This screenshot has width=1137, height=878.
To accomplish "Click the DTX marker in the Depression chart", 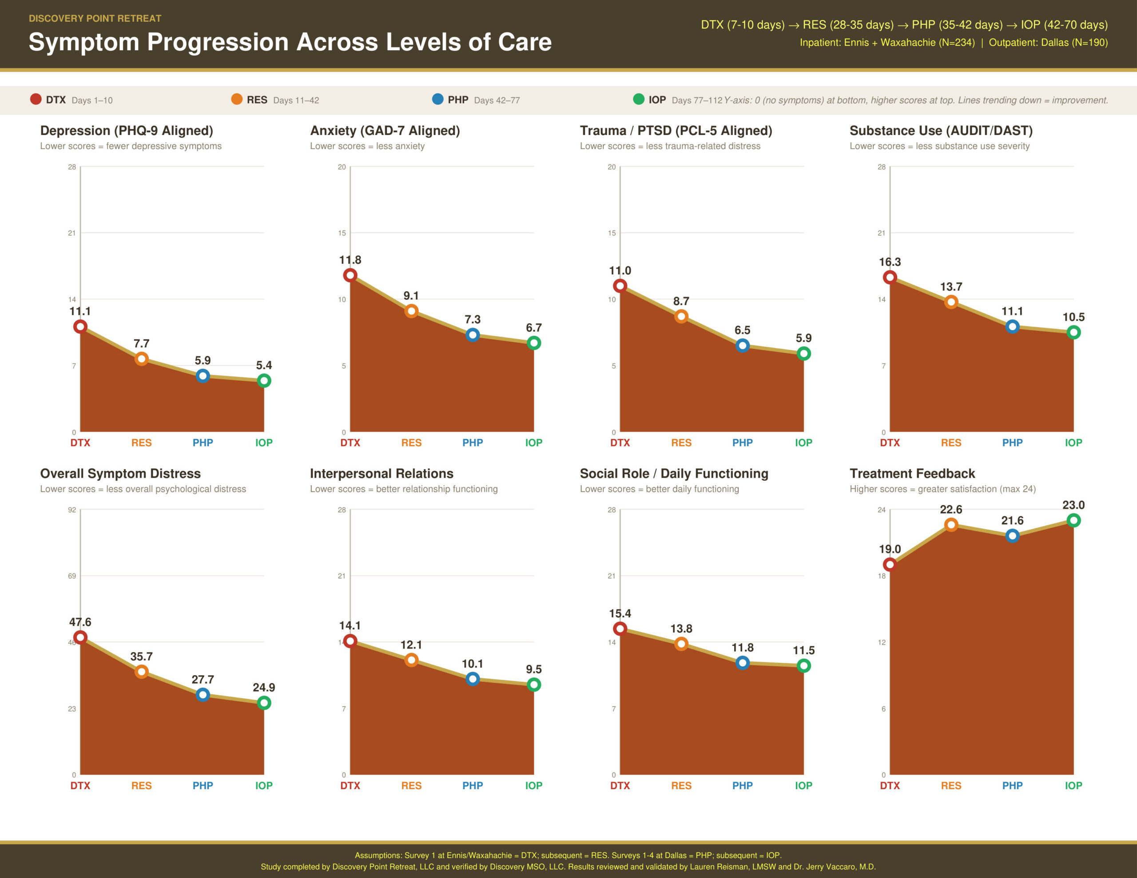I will [x=80, y=327].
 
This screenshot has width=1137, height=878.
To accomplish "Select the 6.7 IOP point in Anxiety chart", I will [x=533, y=343].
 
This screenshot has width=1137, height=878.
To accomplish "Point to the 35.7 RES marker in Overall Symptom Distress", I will [x=141, y=672].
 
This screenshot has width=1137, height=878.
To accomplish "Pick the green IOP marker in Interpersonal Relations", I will [x=533, y=684].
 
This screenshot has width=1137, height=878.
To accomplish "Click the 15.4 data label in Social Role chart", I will [x=620, y=613].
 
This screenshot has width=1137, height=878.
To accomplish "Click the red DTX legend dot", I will [x=36, y=99].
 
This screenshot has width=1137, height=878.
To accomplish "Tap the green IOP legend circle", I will [x=638, y=99].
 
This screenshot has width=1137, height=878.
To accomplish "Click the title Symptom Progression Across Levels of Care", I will [x=290, y=42].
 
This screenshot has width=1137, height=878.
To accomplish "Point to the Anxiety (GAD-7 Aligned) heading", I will [x=385, y=131].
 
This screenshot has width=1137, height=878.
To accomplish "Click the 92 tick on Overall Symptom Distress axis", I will [x=72, y=510].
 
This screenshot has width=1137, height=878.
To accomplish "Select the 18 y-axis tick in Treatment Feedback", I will [x=881, y=576].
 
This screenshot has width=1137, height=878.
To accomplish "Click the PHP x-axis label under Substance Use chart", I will [x=1012, y=443].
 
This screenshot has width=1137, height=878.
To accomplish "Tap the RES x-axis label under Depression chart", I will [x=141, y=443].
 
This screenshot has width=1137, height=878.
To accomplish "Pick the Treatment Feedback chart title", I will [x=912, y=474].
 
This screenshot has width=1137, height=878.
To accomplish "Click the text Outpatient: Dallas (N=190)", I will [x=1048, y=43].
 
